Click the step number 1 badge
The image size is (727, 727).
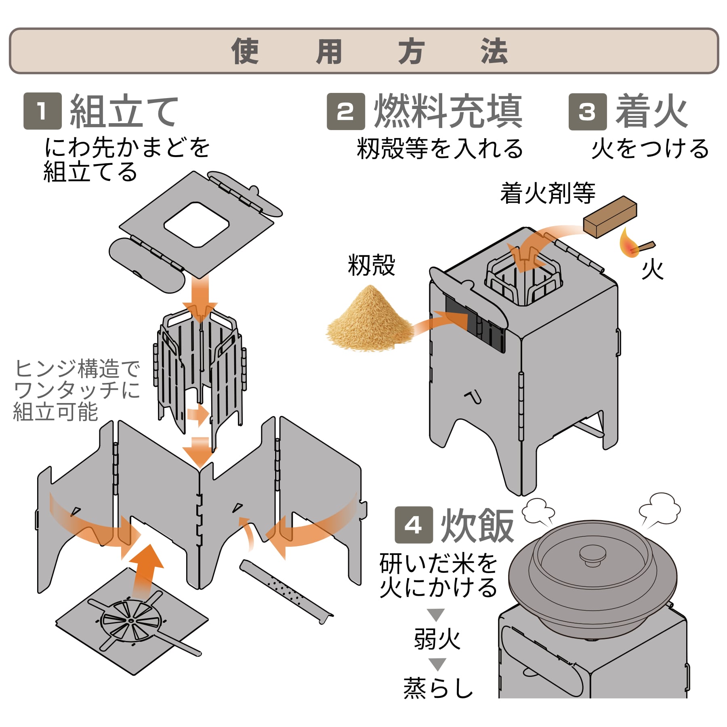tap(42, 111)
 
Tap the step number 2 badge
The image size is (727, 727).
tap(346, 111)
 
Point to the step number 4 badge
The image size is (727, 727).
tap(414, 525)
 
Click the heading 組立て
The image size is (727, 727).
tap(124, 111)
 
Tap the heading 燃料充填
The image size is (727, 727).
tap(448, 111)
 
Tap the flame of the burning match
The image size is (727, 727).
tap(628, 244)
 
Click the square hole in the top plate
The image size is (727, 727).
tap(197, 224)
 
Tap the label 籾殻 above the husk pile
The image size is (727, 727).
tap(371, 265)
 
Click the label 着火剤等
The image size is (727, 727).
tap(547, 193)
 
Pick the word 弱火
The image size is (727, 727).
tap(437, 639)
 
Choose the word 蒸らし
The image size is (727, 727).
tap(438, 688)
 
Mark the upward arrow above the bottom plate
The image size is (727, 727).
tap(145, 569)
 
